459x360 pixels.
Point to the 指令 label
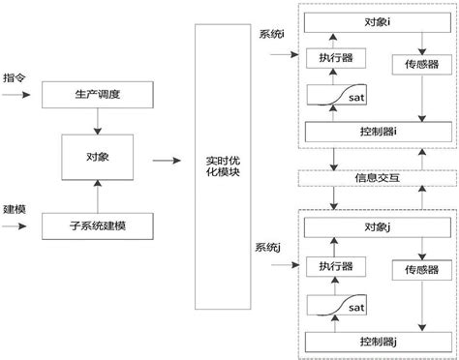click(x=14, y=76)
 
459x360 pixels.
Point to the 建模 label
click(x=14, y=208)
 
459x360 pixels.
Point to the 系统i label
click(x=272, y=36)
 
